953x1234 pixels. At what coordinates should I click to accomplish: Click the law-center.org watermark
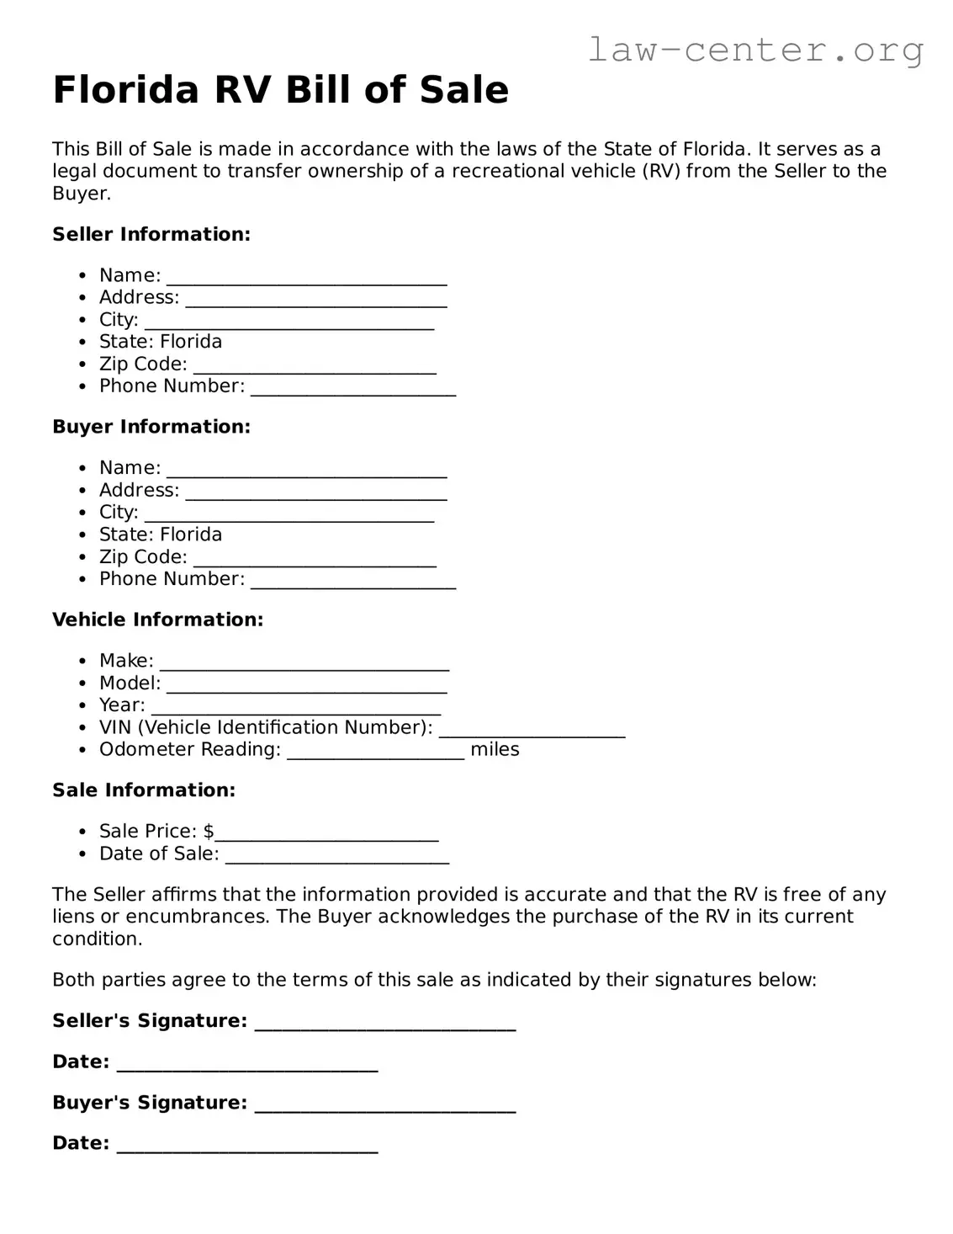coord(754,51)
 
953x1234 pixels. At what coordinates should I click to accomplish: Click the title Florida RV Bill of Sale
coord(280,90)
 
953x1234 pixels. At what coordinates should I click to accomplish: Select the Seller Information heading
coord(151,234)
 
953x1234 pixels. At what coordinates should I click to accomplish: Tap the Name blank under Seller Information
coord(306,278)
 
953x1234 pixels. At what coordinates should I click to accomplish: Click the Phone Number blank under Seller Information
coord(353,388)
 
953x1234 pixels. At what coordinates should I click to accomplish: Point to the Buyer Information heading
coord(151,427)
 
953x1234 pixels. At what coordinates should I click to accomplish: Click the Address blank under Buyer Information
coord(315,492)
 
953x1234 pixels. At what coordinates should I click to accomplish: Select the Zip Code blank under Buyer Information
coord(315,559)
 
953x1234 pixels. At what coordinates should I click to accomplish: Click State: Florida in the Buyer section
coord(161,535)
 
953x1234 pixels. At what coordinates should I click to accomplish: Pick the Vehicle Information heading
coord(157,620)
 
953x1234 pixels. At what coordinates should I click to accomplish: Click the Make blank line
coord(304,663)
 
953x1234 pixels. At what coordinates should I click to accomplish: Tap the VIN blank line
coord(532,730)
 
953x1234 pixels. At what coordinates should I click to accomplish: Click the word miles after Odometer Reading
coord(495,750)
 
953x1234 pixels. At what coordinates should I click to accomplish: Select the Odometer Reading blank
coord(375,752)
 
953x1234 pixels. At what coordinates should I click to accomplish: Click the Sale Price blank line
coord(326,833)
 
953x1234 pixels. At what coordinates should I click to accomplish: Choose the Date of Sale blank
coord(337,856)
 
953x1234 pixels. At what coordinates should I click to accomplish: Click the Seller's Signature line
coord(384,1023)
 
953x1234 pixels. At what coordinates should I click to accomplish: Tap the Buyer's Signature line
coord(384,1105)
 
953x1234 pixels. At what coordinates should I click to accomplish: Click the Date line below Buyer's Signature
coord(247,1146)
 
